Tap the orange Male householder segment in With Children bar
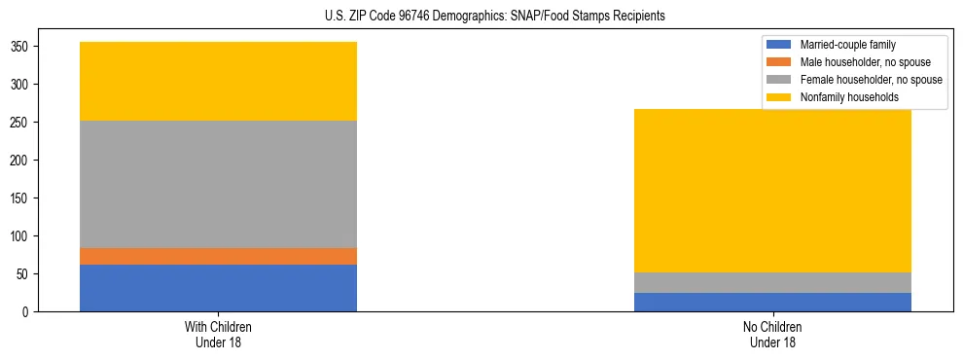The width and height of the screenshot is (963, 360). click(218, 256)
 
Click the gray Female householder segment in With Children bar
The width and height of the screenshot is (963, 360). click(218, 184)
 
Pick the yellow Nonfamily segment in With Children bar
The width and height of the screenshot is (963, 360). click(218, 81)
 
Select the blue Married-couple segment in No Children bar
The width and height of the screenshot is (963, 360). click(772, 302)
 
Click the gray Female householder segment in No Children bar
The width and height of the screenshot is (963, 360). click(772, 282)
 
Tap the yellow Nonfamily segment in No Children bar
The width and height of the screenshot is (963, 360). click(772, 191)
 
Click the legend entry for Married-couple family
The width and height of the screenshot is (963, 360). click(847, 45)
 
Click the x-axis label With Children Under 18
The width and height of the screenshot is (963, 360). click(218, 334)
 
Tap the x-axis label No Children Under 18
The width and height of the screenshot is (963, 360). click(772, 334)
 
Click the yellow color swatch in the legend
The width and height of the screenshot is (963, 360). click(779, 97)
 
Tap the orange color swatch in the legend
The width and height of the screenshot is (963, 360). click(779, 62)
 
